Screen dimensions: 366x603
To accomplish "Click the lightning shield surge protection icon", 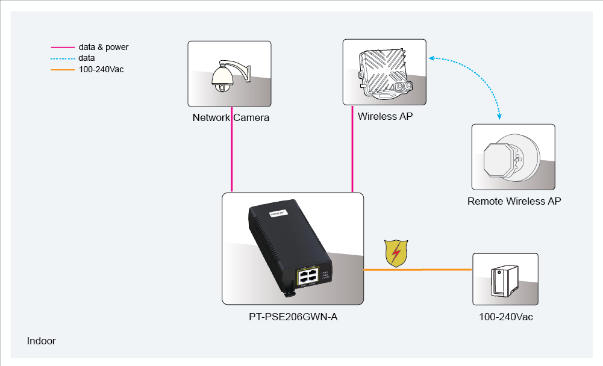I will click(396, 253).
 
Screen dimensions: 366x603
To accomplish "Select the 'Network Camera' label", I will click(231, 117).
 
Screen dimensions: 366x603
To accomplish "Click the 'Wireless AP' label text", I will click(385, 116).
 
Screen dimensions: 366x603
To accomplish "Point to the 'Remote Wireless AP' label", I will click(514, 201).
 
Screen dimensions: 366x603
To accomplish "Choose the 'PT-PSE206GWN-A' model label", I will click(293, 317).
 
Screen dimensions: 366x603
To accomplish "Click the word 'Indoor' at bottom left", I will click(42, 341).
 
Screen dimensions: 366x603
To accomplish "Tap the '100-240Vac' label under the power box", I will click(505, 317).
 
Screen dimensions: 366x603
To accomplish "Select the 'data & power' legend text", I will click(104, 47).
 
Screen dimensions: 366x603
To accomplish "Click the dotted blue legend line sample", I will click(62, 58).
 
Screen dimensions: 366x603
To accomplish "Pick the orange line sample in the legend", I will click(62, 69).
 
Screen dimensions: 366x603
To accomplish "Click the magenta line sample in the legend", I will click(62, 47).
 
